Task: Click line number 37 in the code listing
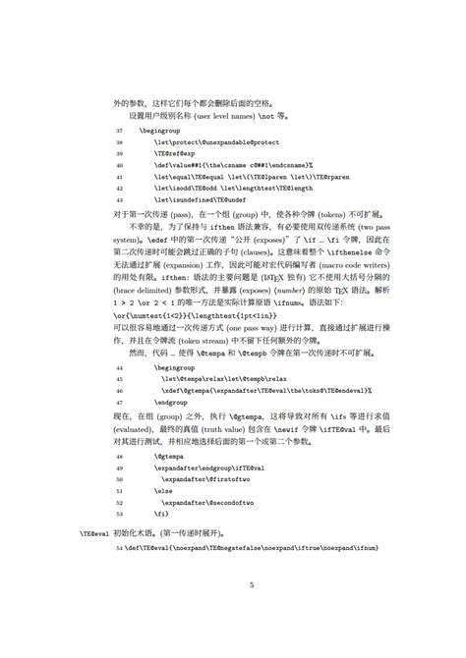(x=120, y=130)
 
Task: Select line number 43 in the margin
(x=120, y=199)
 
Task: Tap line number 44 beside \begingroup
(x=120, y=362)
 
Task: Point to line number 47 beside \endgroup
(x=120, y=402)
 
